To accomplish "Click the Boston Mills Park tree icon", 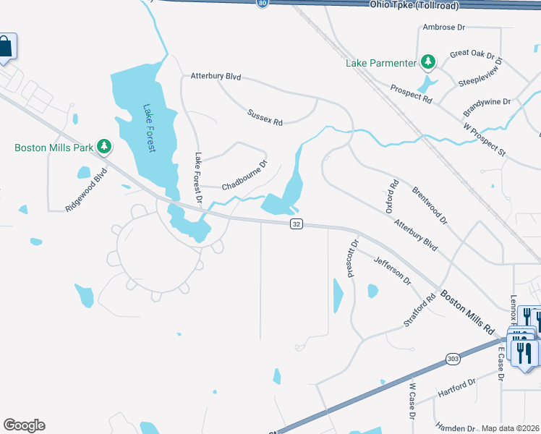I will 104,147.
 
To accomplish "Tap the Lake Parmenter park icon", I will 429,62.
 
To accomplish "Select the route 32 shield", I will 297,224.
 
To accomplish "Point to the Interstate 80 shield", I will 262,4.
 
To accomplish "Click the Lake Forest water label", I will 150,128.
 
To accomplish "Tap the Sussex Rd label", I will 264,116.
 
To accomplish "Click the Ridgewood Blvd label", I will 86,190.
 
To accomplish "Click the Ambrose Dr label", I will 443,27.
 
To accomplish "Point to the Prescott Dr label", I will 353,259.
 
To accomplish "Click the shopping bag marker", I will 6,47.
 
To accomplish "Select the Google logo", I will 24,425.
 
